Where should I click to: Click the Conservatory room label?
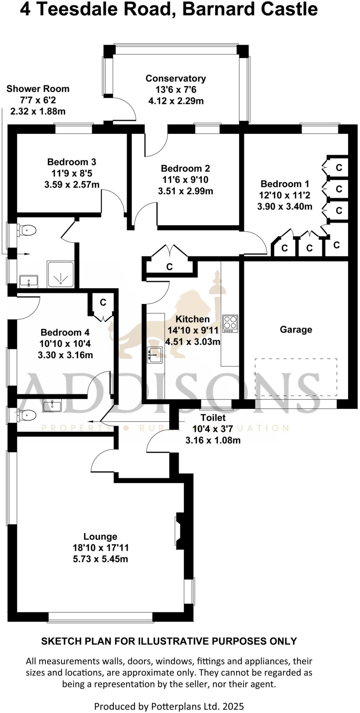175,79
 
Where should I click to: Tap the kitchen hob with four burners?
230,323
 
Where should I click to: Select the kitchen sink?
155,355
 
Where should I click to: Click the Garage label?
296,329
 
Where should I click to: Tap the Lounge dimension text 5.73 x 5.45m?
100,559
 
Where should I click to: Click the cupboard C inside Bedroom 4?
103,303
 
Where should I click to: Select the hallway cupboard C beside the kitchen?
169,267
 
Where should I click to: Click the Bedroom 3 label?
72,162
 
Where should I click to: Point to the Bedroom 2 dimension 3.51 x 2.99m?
186,191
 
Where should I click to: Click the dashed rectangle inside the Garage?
296,377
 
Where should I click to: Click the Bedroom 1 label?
285,184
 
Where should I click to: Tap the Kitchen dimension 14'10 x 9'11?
193,330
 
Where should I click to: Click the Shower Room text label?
38,89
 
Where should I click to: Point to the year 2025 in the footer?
233,706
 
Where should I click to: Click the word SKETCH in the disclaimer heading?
57,641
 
